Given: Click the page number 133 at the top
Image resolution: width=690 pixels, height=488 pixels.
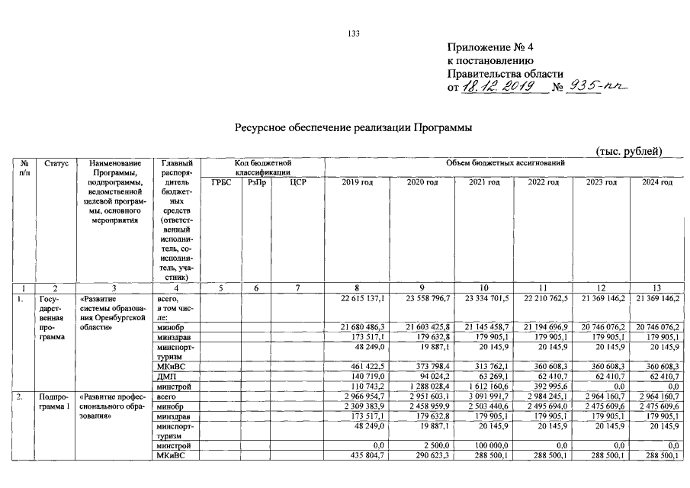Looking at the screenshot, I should tap(353, 33).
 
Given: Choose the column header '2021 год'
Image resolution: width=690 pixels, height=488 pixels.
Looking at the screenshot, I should tap(483, 183).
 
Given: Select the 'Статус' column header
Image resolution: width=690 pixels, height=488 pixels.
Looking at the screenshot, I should tap(56, 163).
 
